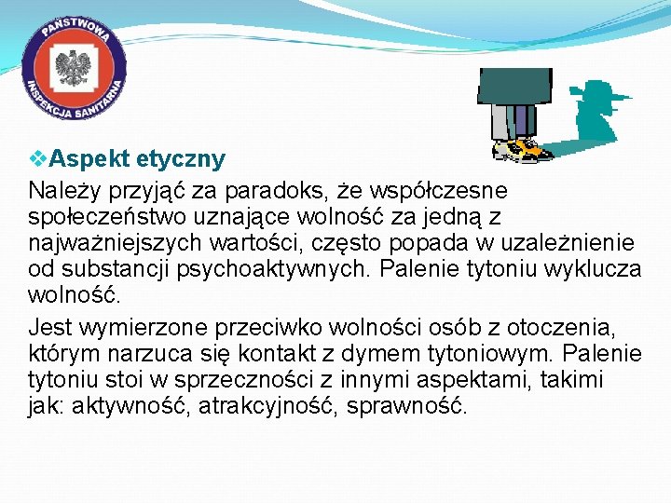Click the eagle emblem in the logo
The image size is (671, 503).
coord(74,69)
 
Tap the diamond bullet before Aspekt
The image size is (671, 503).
coord(34,158)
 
